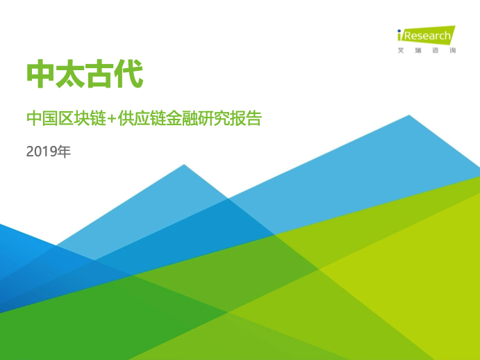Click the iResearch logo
427,39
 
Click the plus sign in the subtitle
112,119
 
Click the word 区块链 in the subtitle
82,119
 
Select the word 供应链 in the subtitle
142,119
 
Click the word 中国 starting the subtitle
42,119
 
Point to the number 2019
42,152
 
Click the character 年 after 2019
65,152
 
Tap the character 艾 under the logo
401,51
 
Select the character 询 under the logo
453,51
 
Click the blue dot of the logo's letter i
399,31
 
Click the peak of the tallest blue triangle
409,115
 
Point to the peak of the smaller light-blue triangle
184,165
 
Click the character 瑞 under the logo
418,51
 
